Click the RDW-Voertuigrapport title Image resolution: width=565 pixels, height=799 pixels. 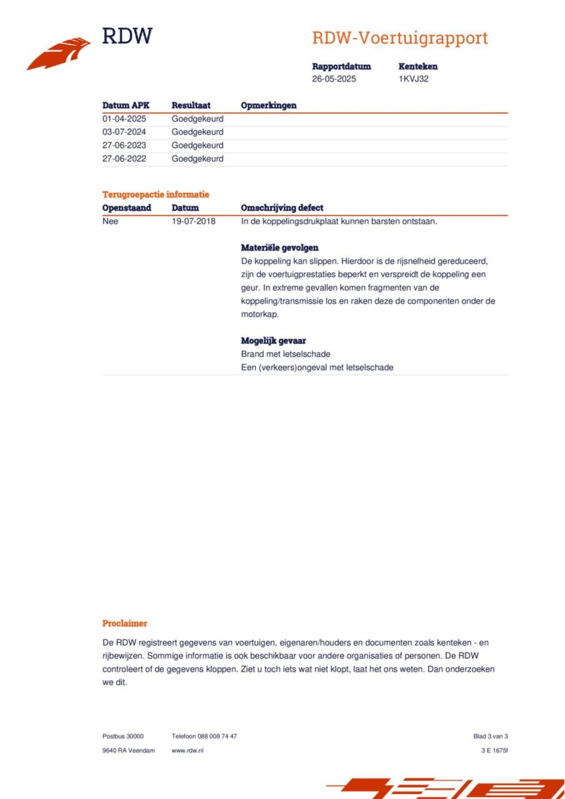[x=399, y=38]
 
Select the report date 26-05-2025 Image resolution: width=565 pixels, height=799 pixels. [x=334, y=79]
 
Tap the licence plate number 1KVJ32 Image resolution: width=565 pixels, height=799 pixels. [x=413, y=79]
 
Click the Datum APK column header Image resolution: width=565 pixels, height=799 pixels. [x=126, y=105]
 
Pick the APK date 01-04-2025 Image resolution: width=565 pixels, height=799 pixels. [x=124, y=119]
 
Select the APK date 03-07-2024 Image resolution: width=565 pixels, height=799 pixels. [x=124, y=132]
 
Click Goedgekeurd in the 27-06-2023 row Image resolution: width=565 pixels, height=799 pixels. [x=197, y=145]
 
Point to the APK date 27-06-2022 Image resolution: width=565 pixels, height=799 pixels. [x=124, y=159]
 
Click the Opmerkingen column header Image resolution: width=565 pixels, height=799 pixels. [x=268, y=105]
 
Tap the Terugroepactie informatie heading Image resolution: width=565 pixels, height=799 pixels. [x=155, y=194]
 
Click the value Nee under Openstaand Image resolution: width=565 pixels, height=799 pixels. [x=110, y=221]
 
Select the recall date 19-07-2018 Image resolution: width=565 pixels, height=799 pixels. [x=193, y=221]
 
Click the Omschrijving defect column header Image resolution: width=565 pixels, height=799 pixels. [x=282, y=208]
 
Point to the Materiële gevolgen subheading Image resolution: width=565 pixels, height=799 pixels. [x=279, y=248]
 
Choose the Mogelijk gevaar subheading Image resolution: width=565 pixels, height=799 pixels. [x=273, y=340]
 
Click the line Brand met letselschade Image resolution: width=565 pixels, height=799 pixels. [x=285, y=354]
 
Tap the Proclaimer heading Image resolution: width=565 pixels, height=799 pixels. [x=124, y=624]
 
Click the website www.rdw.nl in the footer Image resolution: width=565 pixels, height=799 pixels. [x=187, y=750]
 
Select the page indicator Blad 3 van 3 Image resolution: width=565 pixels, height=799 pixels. [x=490, y=736]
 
